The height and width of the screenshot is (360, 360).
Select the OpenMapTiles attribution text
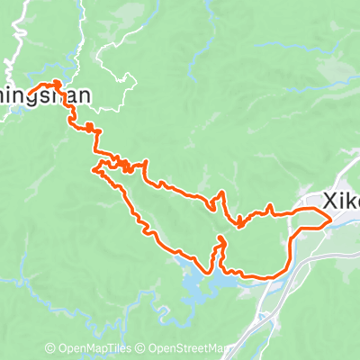[x=93, y=348]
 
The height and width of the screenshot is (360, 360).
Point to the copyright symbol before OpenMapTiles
[x=49, y=348]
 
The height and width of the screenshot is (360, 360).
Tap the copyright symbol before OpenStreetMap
[x=142, y=348]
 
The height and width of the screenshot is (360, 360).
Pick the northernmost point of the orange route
[x=57, y=83]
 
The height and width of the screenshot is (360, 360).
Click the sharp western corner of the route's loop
[x=94, y=167]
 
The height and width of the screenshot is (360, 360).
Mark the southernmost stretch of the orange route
[x=256, y=275]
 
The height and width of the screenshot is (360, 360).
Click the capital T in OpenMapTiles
[x=110, y=348]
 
